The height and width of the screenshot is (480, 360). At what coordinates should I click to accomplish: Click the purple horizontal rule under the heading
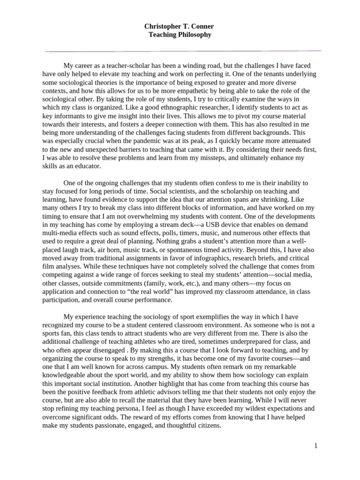[183, 51]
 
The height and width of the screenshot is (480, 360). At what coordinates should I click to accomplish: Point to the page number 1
[316, 446]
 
